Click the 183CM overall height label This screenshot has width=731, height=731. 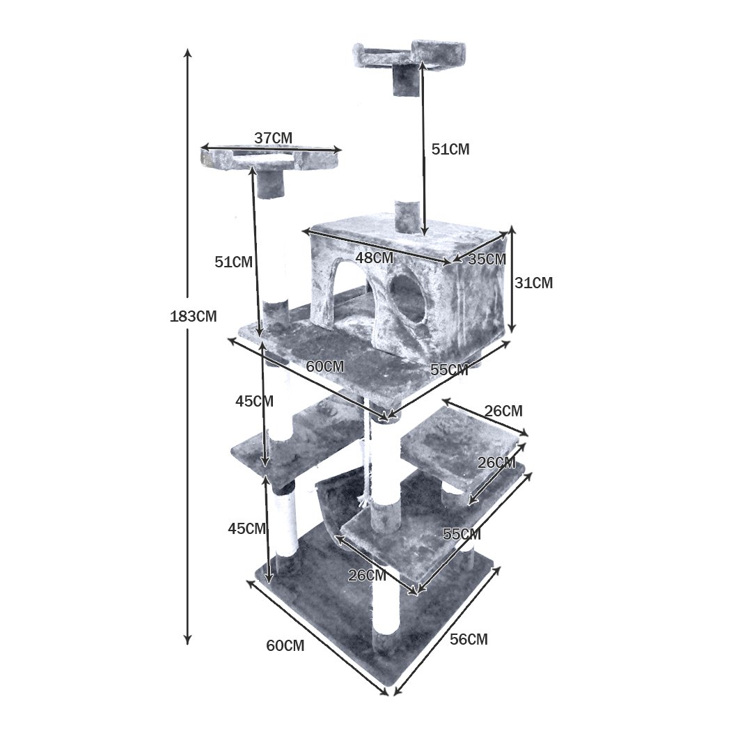pos(194,317)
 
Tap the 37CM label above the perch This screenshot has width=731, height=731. pos(273,139)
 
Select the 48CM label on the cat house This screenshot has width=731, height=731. pos(375,258)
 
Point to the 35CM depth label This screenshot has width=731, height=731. pos(487,259)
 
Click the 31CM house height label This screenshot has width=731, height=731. pos(534,283)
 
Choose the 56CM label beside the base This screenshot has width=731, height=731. pos(469,639)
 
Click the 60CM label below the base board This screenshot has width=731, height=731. pos(285,645)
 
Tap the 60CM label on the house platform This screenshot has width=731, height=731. pos(325,367)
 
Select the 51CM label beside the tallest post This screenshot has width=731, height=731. pos(450,150)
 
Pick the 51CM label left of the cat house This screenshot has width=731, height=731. pos(233,262)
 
